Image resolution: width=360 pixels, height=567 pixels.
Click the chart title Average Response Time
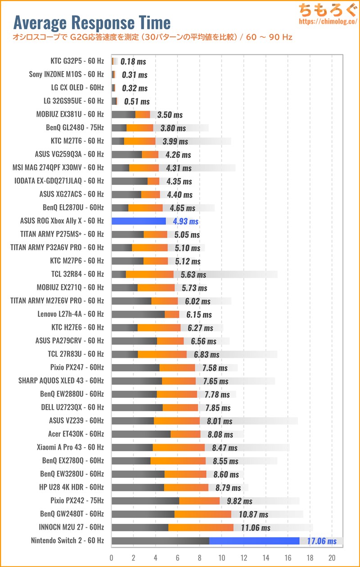click(92, 22)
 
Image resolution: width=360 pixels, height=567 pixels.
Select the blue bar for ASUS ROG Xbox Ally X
click(139, 221)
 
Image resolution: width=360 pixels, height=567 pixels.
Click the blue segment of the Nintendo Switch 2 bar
click(254, 540)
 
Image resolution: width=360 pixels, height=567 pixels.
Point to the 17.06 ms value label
click(322, 541)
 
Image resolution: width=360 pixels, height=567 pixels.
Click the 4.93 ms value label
click(186, 221)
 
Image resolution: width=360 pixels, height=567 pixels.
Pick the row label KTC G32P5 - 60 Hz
click(77, 61)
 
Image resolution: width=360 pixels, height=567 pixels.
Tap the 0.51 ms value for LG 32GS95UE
click(136, 101)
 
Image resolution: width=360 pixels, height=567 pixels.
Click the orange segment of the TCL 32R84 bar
click(149, 274)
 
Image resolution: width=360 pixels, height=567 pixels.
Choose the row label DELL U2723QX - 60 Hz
click(72, 407)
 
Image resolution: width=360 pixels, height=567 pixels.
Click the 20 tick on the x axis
click(332, 557)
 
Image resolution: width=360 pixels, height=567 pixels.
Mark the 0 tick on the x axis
click(112, 557)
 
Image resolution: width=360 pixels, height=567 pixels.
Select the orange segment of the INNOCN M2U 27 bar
click(201, 527)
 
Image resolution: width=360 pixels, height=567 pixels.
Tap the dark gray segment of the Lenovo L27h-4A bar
click(138, 314)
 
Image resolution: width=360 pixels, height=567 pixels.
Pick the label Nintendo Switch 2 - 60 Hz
click(67, 540)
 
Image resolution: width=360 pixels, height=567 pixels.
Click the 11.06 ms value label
click(256, 527)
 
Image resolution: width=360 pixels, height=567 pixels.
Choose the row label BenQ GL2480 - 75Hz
click(75, 127)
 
